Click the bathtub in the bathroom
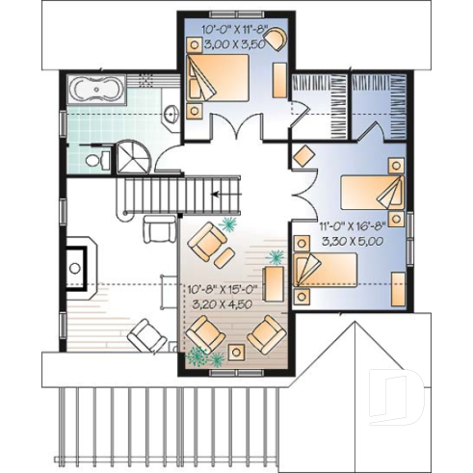(95, 92)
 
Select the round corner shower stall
(132, 155)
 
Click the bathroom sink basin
(171, 113)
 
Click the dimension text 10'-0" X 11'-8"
(235, 30)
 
